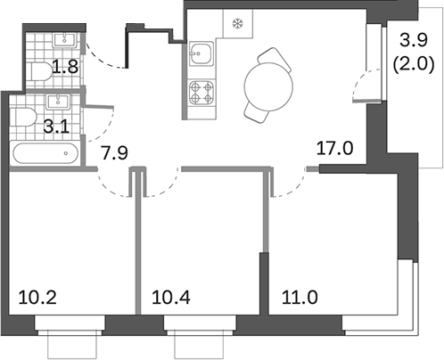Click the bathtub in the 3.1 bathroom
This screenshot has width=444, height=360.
[x=45, y=153]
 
